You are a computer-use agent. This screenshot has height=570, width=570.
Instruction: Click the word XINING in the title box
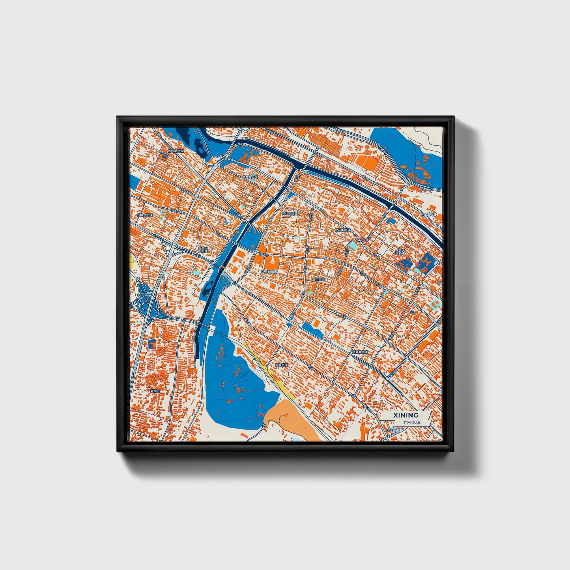click(405, 415)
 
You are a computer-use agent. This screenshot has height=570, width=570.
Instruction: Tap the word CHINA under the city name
click(412, 422)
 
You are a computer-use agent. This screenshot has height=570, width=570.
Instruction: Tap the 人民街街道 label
click(269, 272)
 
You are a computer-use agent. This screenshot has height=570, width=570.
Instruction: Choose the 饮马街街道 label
click(342, 230)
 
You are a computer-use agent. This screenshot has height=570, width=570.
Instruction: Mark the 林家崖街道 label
click(428, 215)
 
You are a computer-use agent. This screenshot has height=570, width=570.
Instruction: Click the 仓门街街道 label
click(320, 279)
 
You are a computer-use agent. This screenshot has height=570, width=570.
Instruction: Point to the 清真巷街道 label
click(360, 352)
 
